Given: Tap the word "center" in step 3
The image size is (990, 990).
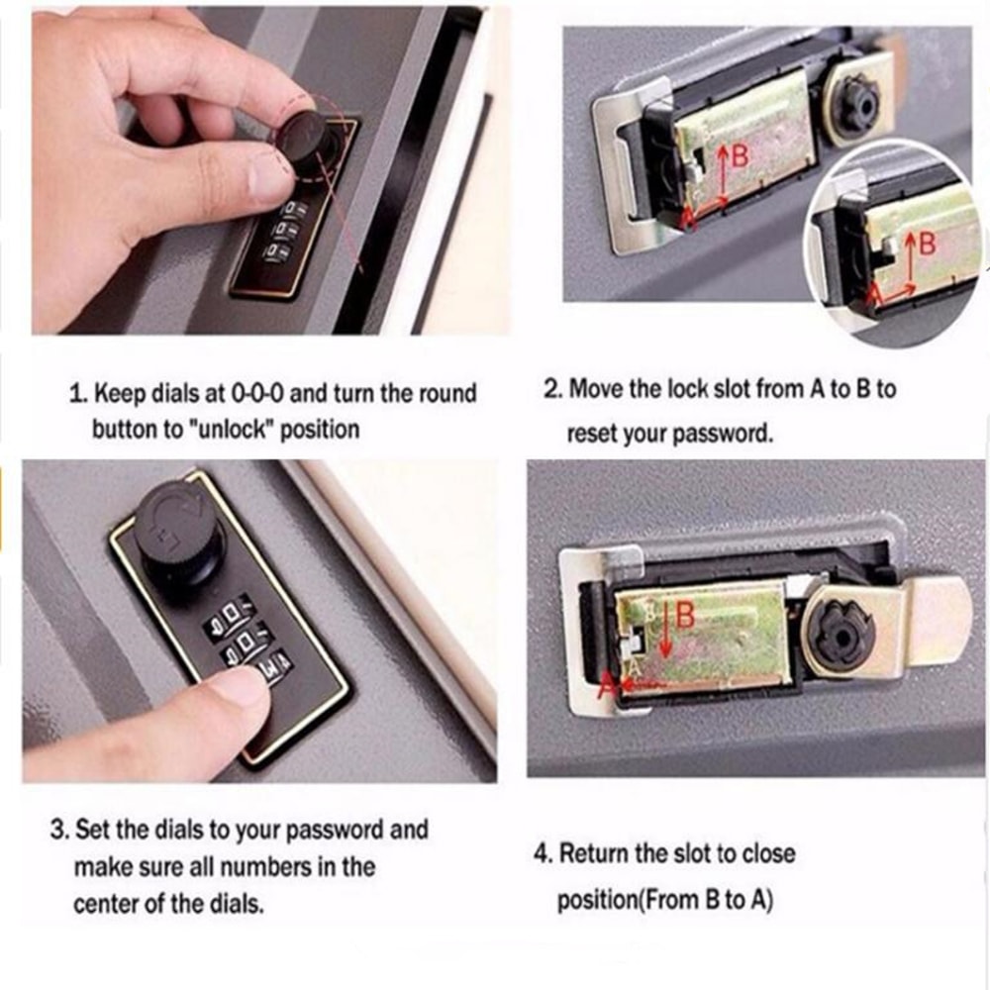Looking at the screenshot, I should coord(107,905).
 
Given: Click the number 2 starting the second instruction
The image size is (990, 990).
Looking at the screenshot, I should coord(551,389).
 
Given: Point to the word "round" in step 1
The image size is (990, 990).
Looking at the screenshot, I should coord(445,393).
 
